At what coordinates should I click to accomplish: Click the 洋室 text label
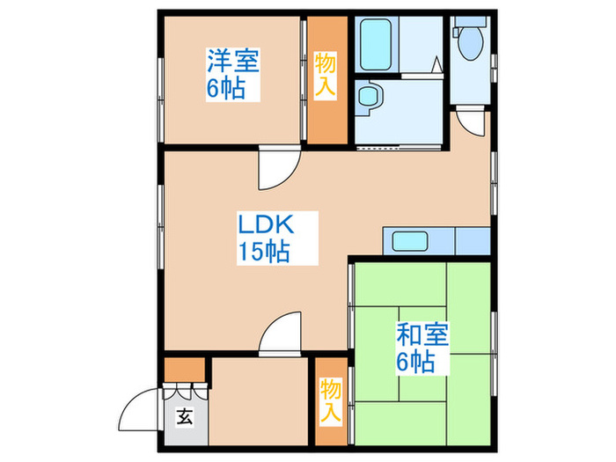232,62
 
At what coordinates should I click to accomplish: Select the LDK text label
263,224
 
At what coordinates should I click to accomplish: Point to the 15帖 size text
263,252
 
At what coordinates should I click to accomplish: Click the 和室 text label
422,334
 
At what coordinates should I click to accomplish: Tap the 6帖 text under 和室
416,361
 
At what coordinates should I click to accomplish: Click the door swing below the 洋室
273,175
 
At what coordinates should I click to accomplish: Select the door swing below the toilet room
472,124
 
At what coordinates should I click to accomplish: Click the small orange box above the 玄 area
184,368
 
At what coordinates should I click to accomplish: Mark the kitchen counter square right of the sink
473,239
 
